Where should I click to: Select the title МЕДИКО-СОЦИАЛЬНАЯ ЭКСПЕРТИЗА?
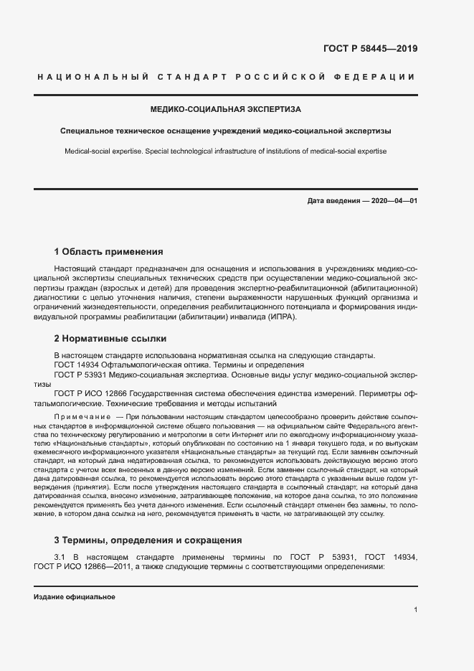click(226, 110)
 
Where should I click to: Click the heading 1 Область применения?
click(109, 252)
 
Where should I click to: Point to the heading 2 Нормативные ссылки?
click(110, 337)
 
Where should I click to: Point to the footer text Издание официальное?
click(75, 597)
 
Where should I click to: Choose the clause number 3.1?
click(61, 557)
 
